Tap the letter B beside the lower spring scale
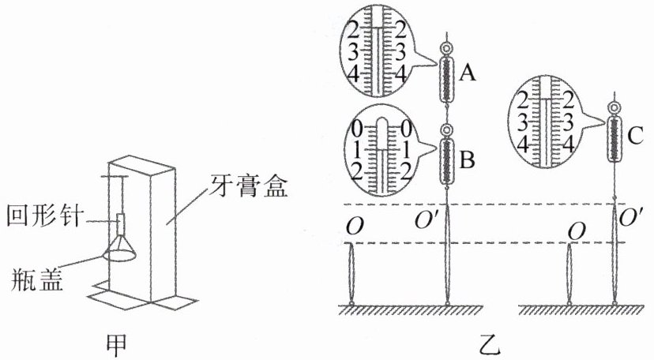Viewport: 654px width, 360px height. click(x=466, y=160)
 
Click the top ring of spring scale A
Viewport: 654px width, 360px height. click(x=448, y=48)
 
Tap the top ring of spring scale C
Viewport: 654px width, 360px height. click(x=615, y=107)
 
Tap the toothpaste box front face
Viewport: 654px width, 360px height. click(x=162, y=237)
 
